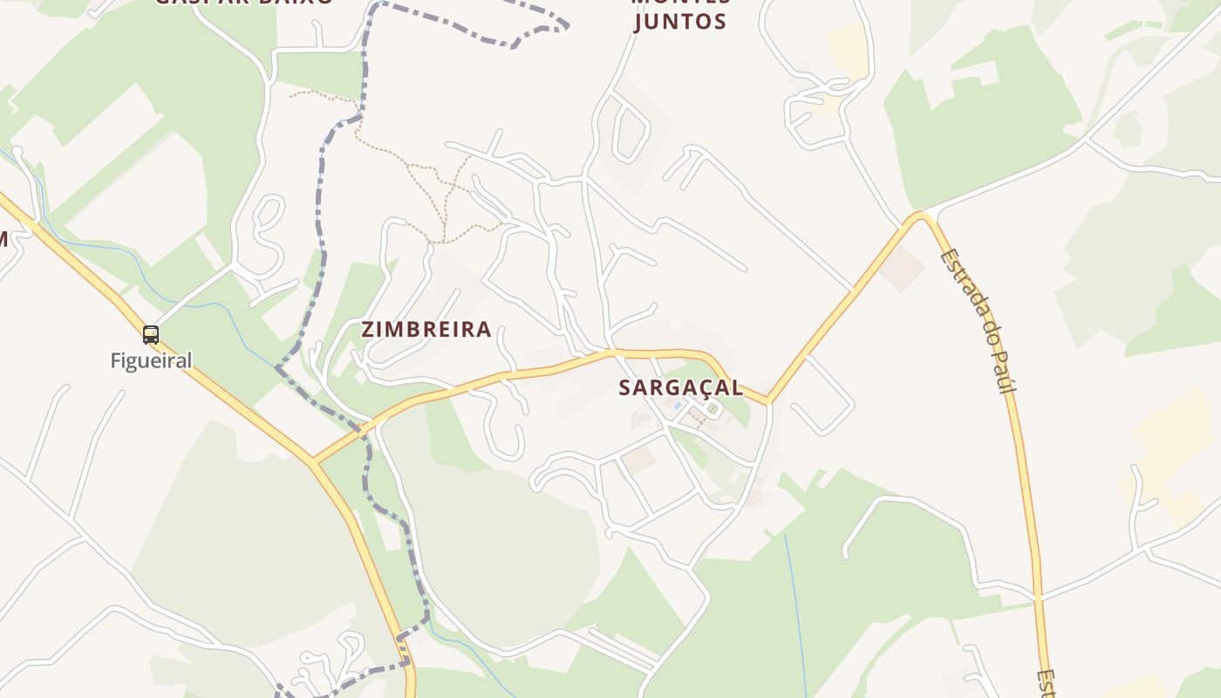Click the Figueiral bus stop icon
[x=151, y=334]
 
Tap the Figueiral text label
[x=151, y=360]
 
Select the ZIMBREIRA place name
[x=426, y=330]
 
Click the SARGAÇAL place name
[x=681, y=387]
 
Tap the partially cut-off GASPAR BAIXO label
[x=244, y=3]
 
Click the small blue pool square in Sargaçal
[x=678, y=406]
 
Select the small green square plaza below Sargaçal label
[x=713, y=408]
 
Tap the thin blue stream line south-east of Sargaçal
[x=795, y=611]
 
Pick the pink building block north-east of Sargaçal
[x=902, y=269]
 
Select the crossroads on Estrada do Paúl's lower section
[x=1038, y=599]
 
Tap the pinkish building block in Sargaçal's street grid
[x=638, y=461]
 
